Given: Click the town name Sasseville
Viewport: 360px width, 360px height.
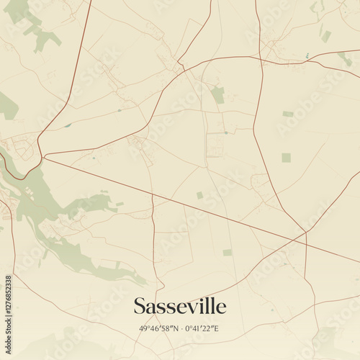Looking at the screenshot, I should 179,306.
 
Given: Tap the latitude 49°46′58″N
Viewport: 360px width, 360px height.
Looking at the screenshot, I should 158,329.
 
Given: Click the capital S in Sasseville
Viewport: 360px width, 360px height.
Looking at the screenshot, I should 140,306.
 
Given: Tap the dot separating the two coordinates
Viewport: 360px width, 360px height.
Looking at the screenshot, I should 179,329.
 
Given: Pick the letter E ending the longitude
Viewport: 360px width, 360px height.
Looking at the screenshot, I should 215,329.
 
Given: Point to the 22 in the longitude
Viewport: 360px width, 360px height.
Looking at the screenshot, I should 207,329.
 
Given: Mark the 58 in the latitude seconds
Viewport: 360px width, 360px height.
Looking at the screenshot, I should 164,329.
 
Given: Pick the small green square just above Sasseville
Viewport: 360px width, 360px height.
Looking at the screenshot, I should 227,253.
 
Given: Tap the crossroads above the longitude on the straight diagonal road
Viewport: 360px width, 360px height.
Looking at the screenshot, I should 305,232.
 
